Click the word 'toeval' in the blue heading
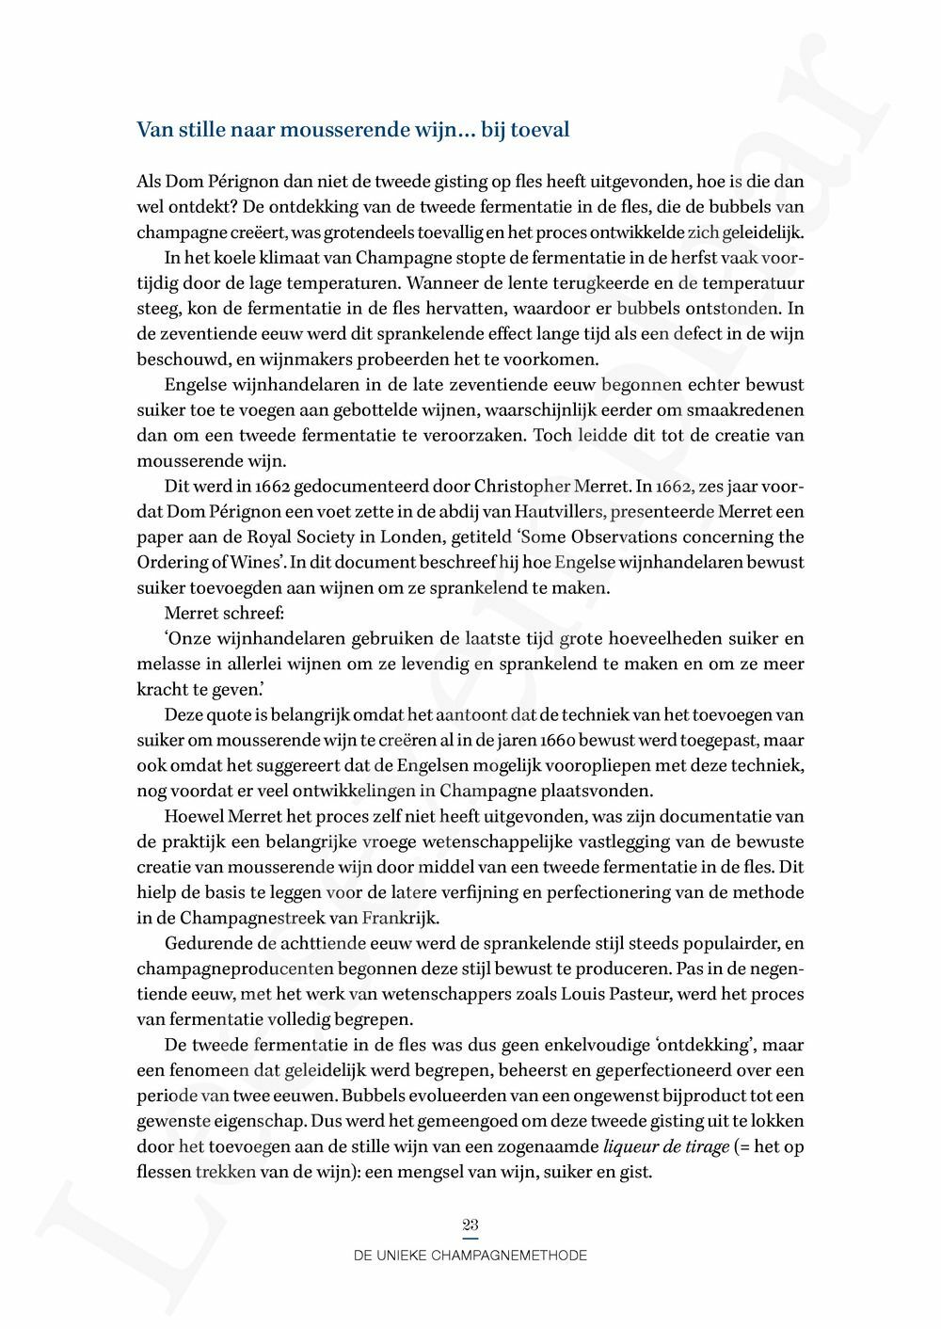(x=539, y=130)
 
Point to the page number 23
(x=470, y=1225)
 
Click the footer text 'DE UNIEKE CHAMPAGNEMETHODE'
(x=470, y=1256)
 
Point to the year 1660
(x=565, y=740)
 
